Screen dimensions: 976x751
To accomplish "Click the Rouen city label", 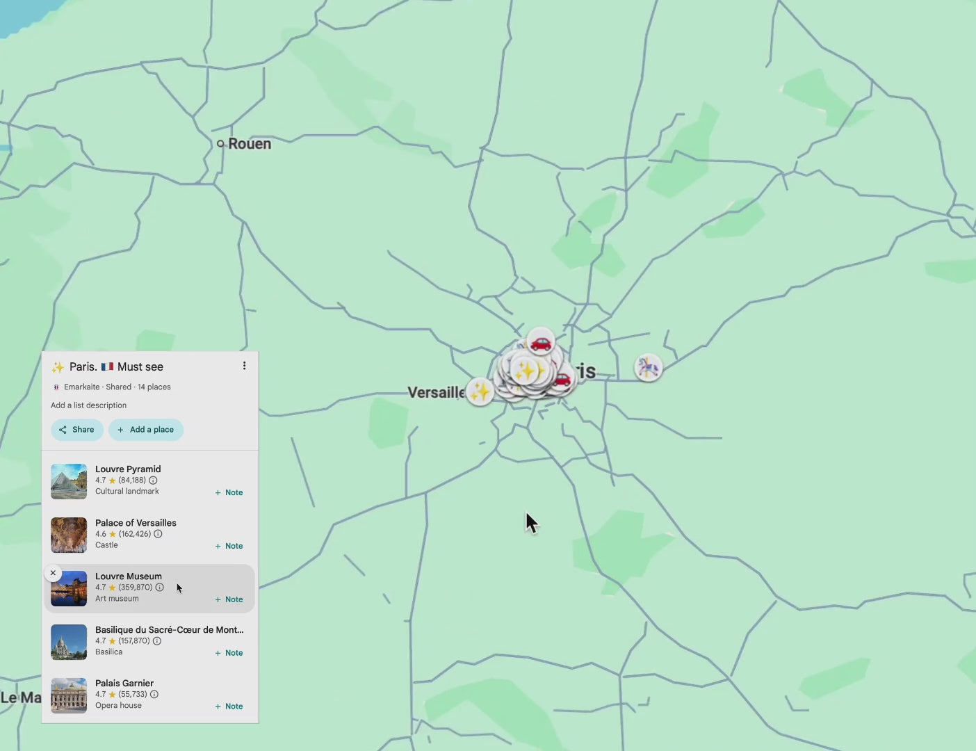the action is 249,144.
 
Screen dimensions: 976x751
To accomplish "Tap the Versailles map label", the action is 436,392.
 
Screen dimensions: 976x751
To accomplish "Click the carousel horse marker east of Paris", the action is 648,367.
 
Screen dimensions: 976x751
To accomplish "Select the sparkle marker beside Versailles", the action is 480,391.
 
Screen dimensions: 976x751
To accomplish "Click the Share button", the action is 76,430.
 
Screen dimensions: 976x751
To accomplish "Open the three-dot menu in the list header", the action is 244,366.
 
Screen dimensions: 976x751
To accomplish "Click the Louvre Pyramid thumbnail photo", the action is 69,481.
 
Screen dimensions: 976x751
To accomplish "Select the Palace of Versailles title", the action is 136,523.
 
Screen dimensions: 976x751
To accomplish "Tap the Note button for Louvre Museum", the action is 229,599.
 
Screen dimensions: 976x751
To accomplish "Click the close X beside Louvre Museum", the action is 53,573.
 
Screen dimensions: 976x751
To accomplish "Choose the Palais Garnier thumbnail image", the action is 69,695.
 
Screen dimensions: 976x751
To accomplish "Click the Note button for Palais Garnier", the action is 229,706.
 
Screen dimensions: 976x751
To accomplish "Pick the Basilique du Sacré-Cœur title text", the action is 169,630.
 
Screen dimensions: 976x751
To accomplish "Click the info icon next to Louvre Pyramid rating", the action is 153,481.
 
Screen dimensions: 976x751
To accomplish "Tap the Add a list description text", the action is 88,405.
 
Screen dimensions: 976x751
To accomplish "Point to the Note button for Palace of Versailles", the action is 229,546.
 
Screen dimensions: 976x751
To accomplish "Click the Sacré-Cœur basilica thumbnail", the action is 69,642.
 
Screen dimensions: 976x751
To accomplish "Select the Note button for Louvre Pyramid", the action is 229,492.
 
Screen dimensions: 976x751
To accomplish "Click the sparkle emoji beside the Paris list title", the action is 58,367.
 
